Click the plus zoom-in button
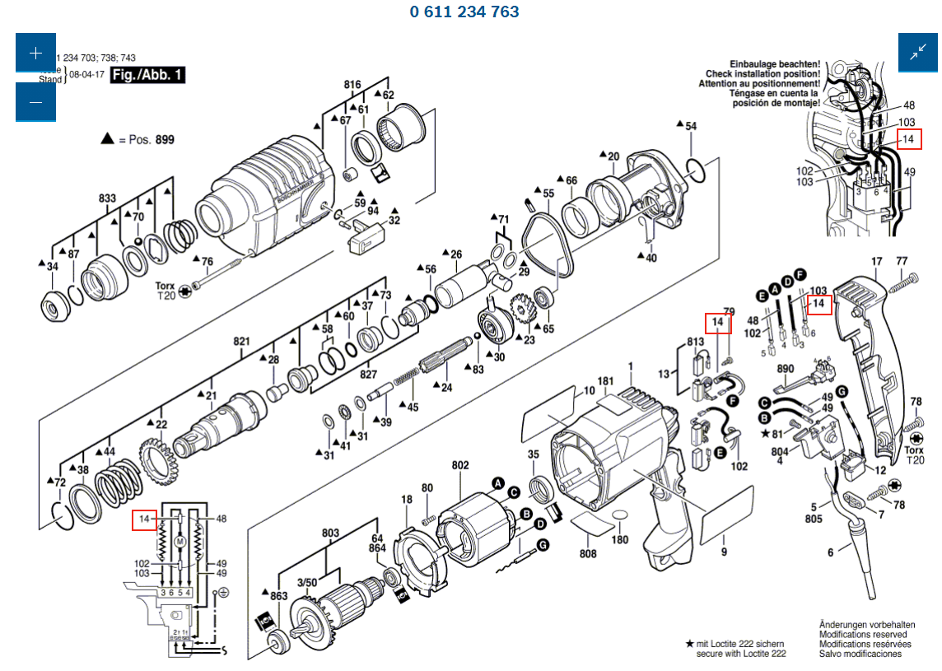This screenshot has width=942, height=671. coord(35,53)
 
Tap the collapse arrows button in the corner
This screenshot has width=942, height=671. coord(918,53)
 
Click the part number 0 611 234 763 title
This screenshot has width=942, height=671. coord(464,12)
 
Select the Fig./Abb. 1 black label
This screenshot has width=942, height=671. coord(148,76)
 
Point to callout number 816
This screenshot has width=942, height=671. coord(352,85)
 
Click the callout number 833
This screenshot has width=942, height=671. coord(107,198)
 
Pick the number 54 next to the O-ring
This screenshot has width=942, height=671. coord(691,126)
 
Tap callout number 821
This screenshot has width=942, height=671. coord(240,341)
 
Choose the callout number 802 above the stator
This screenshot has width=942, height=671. coord(459,465)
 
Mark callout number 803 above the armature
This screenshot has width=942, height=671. coord(330,534)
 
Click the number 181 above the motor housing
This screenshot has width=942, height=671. coord(606,381)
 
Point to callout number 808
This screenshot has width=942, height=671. coord(587,554)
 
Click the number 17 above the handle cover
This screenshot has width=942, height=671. coord(876,261)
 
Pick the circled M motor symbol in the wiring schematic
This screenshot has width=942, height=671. coord(180,541)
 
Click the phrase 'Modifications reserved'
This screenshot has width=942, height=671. coord(863,634)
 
